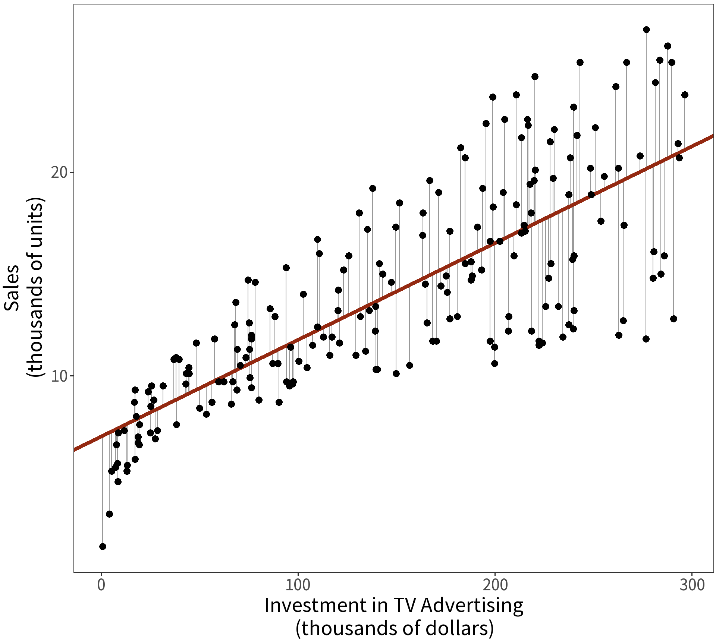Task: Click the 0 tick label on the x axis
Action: [101, 585]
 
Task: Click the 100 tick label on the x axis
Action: [298, 585]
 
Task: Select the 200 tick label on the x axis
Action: [495, 585]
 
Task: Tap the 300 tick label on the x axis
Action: [692, 585]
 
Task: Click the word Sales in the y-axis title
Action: [12, 287]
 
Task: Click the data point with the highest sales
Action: [646, 30]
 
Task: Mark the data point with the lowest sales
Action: [103, 546]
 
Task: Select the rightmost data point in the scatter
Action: [685, 95]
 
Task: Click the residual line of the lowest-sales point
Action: [103, 492]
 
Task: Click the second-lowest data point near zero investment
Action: [109, 514]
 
